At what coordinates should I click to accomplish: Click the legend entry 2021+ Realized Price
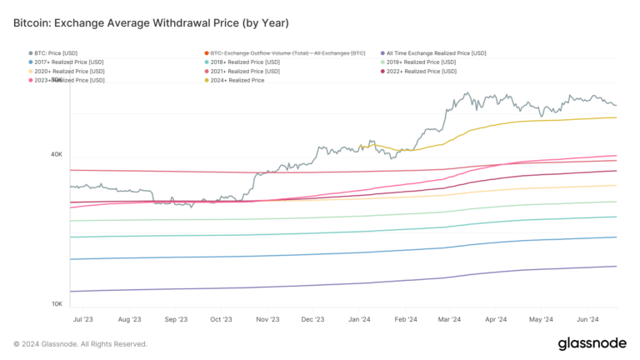(x=248, y=72)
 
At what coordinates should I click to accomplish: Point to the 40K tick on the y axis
(x=57, y=155)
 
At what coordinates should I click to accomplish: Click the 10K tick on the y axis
(x=57, y=304)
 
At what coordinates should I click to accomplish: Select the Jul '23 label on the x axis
(x=83, y=319)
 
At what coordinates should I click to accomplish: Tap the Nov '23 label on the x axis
(x=267, y=319)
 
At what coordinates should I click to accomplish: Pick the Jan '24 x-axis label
(x=359, y=319)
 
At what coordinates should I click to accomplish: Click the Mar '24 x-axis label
(x=450, y=319)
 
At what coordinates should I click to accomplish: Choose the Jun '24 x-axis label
(x=587, y=319)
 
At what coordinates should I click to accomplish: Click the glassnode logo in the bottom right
(x=593, y=343)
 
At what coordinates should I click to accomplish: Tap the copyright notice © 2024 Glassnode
(x=80, y=344)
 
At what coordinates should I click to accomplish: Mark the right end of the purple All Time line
(x=616, y=267)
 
